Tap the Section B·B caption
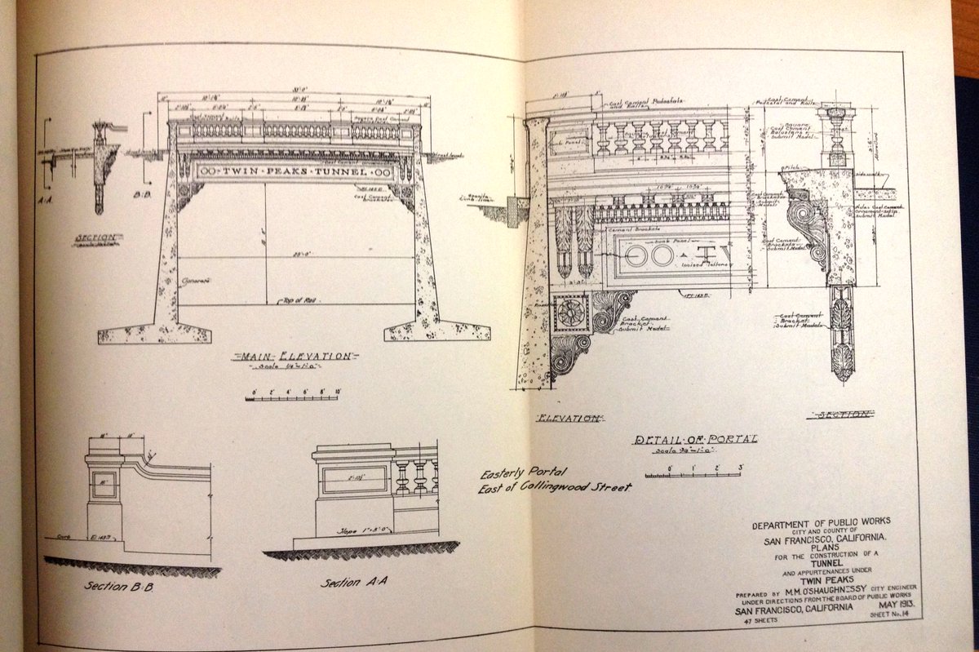click(114, 586)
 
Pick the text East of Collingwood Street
click(554, 488)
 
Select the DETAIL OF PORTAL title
click(696, 439)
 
